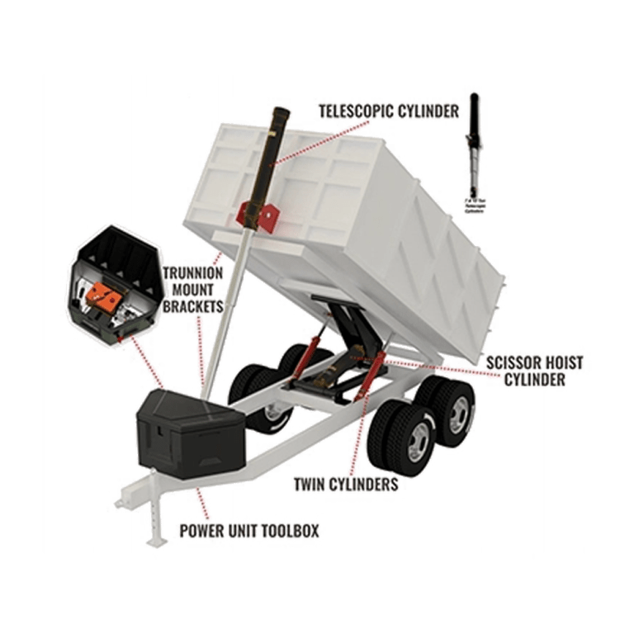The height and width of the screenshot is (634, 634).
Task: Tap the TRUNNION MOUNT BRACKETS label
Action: [192, 289]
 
